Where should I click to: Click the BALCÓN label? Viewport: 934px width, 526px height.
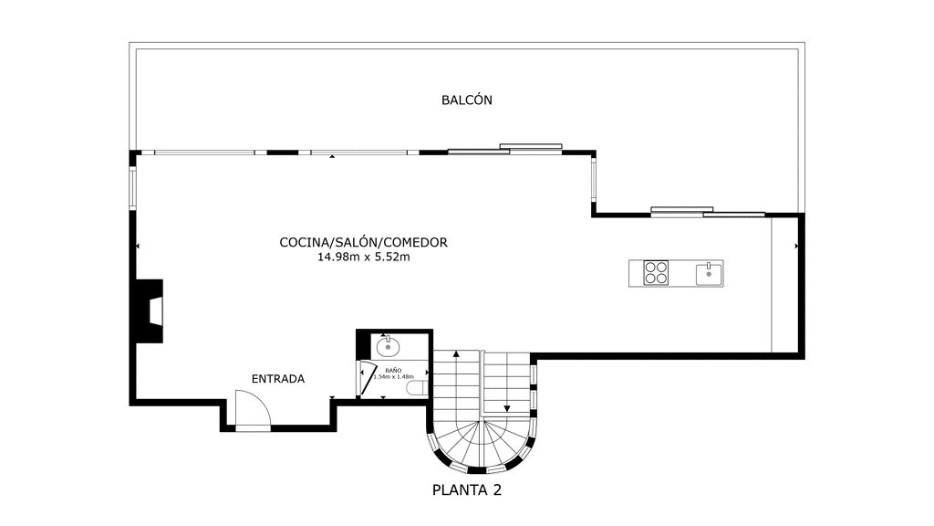466,100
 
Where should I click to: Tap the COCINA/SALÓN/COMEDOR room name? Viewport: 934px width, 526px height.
363,242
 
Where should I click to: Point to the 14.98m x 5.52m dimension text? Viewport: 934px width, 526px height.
363,257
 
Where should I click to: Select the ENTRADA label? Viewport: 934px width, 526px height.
277,379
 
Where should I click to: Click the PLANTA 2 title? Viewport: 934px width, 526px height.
466,490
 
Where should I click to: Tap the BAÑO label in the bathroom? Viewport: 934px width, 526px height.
393,371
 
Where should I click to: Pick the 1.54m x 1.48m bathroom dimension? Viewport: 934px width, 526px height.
393,377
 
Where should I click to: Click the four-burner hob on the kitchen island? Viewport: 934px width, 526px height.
656,273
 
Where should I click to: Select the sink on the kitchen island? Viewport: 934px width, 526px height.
709,274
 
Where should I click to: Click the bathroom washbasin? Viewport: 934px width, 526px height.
388,345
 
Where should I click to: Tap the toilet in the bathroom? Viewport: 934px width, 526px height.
417,389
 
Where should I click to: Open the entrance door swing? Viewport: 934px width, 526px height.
253,409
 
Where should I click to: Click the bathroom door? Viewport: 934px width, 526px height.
366,378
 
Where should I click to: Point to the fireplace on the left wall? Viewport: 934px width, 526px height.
149,310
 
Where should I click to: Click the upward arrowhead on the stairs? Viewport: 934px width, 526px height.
456,353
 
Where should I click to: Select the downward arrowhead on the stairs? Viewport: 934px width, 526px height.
507,408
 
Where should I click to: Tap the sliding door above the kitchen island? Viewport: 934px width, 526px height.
708,212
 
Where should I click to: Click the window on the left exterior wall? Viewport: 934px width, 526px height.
133,187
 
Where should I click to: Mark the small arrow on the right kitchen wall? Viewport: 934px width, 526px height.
796,246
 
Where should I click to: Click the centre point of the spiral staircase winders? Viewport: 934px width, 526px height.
481,422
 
